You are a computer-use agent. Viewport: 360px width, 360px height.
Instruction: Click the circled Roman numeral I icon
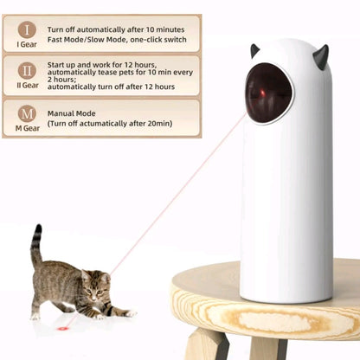click(27, 29)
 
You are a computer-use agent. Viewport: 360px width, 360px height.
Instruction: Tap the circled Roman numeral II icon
click(27, 71)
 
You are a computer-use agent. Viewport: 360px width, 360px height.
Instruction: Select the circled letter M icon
click(27, 113)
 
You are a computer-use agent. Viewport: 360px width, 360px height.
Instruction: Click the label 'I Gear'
click(27, 44)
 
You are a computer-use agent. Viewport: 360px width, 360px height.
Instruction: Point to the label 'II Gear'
click(28, 86)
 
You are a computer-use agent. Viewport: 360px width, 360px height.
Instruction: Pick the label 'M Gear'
click(28, 128)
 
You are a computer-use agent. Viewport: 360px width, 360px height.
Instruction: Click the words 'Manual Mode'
click(71, 113)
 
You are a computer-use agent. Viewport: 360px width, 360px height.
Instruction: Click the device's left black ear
click(254, 51)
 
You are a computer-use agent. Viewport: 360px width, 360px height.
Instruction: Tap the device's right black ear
click(321, 56)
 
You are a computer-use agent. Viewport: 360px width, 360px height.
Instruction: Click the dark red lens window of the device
click(268, 93)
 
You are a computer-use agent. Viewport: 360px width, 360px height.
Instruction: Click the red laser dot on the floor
click(62, 329)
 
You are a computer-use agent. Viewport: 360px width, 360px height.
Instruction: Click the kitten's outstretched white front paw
click(131, 313)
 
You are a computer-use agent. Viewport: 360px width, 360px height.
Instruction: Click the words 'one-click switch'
click(158, 40)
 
